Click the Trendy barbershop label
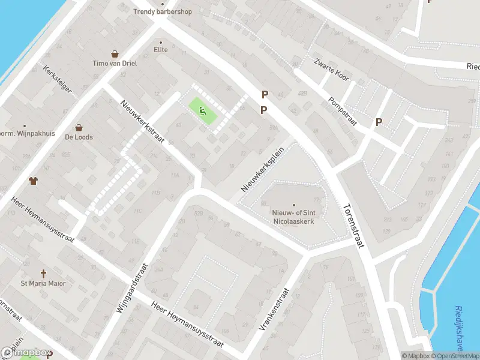pyautogui.click(x=162, y=11)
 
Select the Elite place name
pyautogui.click(x=161, y=50)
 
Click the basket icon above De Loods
pyautogui.click(x=79, y=127)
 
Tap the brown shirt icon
pyautogui.click(x=33, y=180)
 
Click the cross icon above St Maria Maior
pyautogui.click(x=43, y=273)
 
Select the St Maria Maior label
pyautogui.click(x=43, y=283)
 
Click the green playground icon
pyautogui.click(x=203, y=110)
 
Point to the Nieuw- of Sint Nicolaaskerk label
pyautogui.click(x=294, y=215)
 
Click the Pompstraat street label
pyautogui.click(x=343, y=112)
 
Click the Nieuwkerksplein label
pyautogui.click(x=262, y=170)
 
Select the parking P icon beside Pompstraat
pyautogui.click(x=379, y=122)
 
